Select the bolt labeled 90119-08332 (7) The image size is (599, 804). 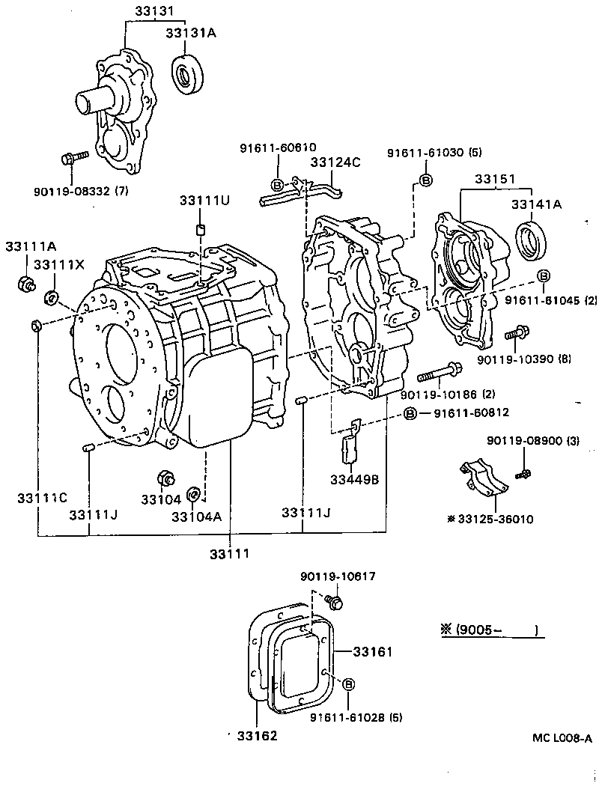[x=73, y=157]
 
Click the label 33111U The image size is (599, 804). [x=199, y=201]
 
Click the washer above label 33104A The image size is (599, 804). [x=192, y=493]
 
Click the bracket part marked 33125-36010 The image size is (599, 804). [x=483, y=480]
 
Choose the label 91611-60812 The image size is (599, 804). [x=467, y=412]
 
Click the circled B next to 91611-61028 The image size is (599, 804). [x=349, y=684]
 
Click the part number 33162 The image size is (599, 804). [x=258, y=736]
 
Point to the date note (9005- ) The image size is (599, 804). [x=490, y=630]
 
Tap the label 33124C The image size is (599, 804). [x=335, y=161]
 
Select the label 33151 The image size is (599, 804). [x=492, y=179]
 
